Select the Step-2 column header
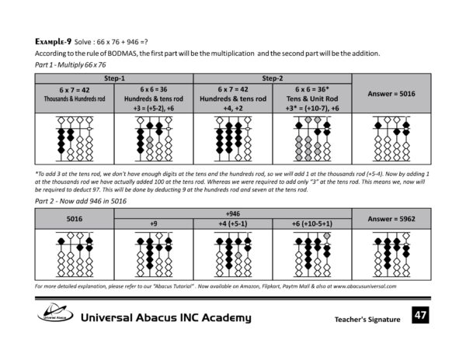pyautogui.click(x=272, y=78)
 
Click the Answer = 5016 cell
pyautogui.click(x=391, y=94)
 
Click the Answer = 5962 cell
pyautogui.click(x=391, y=219)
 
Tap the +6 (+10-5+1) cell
pyautogui.click(x=311, y=224)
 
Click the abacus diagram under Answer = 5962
pyautogui.click(x=391, y=255)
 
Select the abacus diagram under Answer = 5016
pyautogui.click(x=391, y=139)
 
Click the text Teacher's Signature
pyautogui.click(x=367, y=320)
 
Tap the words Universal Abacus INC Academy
pyautogui.click(x=166, y=317)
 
